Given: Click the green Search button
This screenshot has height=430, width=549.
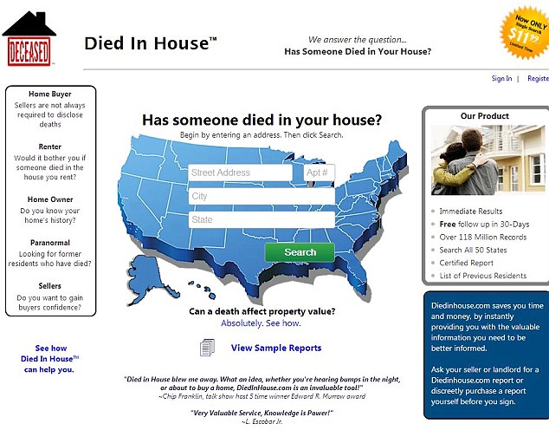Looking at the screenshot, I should click(300, 252).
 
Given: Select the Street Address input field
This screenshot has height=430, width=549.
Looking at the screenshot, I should click(240, 173).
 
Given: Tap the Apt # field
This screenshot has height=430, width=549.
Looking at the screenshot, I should click(319, 173).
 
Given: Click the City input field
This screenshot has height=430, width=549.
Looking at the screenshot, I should click(262, 197).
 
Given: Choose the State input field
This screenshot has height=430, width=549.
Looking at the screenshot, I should click(262, 220).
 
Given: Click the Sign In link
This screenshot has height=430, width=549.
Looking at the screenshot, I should click(501, 79).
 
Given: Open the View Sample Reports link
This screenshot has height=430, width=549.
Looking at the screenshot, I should click(275, 349).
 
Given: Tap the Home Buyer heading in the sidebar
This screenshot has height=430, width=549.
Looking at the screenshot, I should click(50, 94).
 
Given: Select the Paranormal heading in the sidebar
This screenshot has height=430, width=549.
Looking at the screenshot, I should click(50, 243).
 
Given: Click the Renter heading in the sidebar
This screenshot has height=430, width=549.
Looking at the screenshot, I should click(50, 147).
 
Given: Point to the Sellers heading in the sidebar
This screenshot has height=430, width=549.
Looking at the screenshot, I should click(50, 285).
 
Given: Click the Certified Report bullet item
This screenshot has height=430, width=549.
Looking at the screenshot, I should click(466, 263).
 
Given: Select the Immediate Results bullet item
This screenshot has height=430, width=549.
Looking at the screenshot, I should click(470, 211).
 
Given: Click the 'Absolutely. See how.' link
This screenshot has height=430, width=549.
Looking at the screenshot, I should click(261, 323).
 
